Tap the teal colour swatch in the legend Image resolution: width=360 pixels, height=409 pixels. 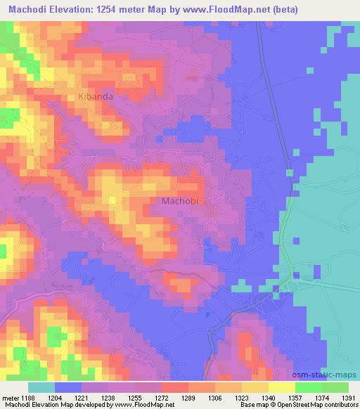[41, 387]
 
